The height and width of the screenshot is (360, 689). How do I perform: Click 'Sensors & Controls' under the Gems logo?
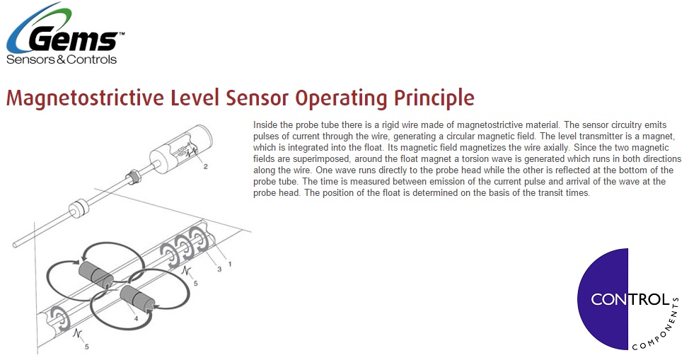click(x=61, y=60)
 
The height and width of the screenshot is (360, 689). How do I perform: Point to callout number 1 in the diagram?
click(x=229, y=263)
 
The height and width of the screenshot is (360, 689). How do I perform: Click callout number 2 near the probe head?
click(x=205, y=168)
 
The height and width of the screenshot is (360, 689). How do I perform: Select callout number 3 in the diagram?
click(x=219, y=269)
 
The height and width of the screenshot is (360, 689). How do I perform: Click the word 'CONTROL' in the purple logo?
click(x=630, y=299)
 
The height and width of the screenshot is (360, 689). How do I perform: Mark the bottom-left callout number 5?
click(x=87, y=347)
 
